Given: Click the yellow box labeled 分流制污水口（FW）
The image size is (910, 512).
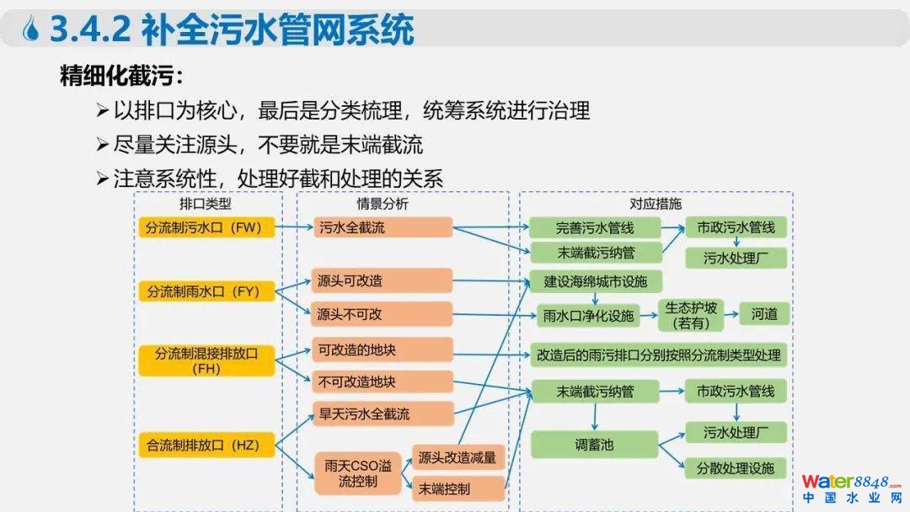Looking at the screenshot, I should point(206,227).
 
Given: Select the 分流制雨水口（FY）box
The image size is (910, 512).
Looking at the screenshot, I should point(206,291).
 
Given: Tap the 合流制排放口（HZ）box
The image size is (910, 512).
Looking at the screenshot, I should point(206,445).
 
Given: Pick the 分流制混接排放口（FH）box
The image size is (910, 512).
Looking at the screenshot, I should point(206,360).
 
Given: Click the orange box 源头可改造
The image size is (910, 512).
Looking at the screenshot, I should point(383,280).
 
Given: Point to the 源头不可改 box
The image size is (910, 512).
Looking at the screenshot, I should point(383,314).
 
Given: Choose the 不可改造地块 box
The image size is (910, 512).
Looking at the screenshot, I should point(383,381).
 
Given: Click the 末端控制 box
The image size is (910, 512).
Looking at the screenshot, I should point(458,489).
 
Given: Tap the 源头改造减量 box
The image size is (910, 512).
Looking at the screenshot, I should point(458,457).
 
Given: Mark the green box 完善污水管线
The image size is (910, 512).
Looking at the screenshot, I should point(595,227).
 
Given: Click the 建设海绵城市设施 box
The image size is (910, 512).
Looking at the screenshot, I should point(595,280).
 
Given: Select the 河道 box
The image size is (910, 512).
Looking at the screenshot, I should point(765,314).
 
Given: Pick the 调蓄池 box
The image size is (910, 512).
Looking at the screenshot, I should point(595,444).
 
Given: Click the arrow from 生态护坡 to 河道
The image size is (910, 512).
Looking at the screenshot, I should point(730,315).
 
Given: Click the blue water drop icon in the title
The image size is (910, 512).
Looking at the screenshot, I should point(32,31).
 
